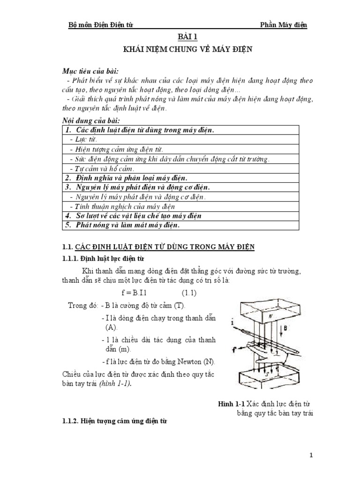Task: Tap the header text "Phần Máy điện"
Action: [284, 25]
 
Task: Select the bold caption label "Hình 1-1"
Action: [232, 404]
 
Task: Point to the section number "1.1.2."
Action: [72, 422]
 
